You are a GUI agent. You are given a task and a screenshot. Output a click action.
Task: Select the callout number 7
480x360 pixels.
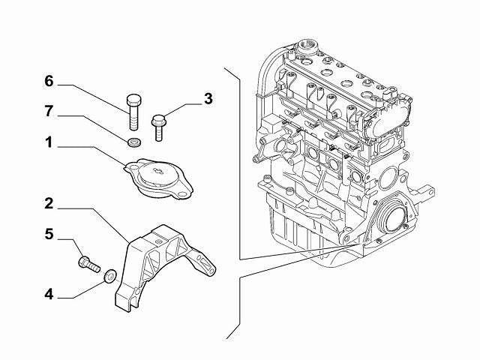49,113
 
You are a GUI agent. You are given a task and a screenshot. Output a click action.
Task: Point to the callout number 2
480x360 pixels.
49,202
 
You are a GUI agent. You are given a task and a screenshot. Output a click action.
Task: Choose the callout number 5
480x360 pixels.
49,235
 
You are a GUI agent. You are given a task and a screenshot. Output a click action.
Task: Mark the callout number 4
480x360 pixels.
49,295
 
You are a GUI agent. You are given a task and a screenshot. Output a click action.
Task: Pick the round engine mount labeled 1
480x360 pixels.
157,178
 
